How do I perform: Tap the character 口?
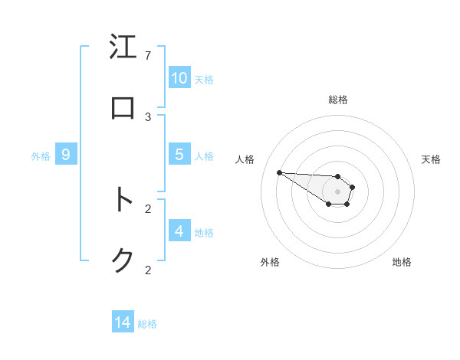(x=123, y=108)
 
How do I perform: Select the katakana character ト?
(x=123, y=200)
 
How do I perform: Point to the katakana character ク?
(x=123, y=261)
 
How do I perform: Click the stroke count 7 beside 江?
(x=148, y=56)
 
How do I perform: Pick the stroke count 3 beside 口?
(x=148, y=117)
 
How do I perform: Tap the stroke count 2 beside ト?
(x=148, y=208)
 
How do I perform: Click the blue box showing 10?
(x=179, y=78)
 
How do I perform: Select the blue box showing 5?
(x=179, y=155)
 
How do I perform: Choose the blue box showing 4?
(x=179, y=231)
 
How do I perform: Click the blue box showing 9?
(x=66, y=155)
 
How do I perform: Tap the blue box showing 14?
(x=123, y=323)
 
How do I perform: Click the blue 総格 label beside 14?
(x=147, y=324)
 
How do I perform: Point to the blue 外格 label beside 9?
(x=41, y=155)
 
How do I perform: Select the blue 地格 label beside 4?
(x=204, y=232)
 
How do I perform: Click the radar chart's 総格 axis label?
(x=338, y=100)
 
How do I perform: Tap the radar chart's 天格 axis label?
(x=431, y=159)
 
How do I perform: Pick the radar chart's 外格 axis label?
(x=270, y=262)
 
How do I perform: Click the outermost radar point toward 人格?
(x=279, y=172)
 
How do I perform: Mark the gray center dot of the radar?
(x=337, y=191)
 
